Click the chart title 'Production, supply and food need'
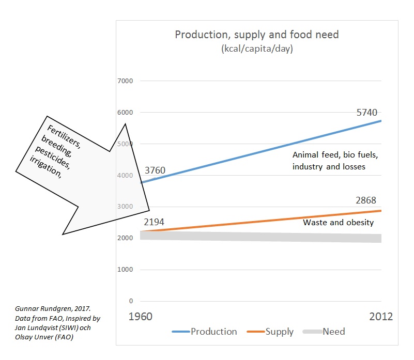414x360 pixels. click(256, 35)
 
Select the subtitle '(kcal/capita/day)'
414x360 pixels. click(257, 49)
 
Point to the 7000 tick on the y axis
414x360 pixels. click(126, 81)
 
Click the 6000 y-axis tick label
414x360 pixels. click(126, 113)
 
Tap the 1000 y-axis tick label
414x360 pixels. click(126, 270)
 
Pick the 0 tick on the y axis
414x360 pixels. click(131, 301)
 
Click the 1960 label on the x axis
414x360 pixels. click(140, 317)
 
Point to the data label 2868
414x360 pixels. click(366, 200)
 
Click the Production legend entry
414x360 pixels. click(213, 332)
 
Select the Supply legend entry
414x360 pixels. click(279, 332)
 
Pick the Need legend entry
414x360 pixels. click(333, 332)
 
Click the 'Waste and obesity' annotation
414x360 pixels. click(338, 223)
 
